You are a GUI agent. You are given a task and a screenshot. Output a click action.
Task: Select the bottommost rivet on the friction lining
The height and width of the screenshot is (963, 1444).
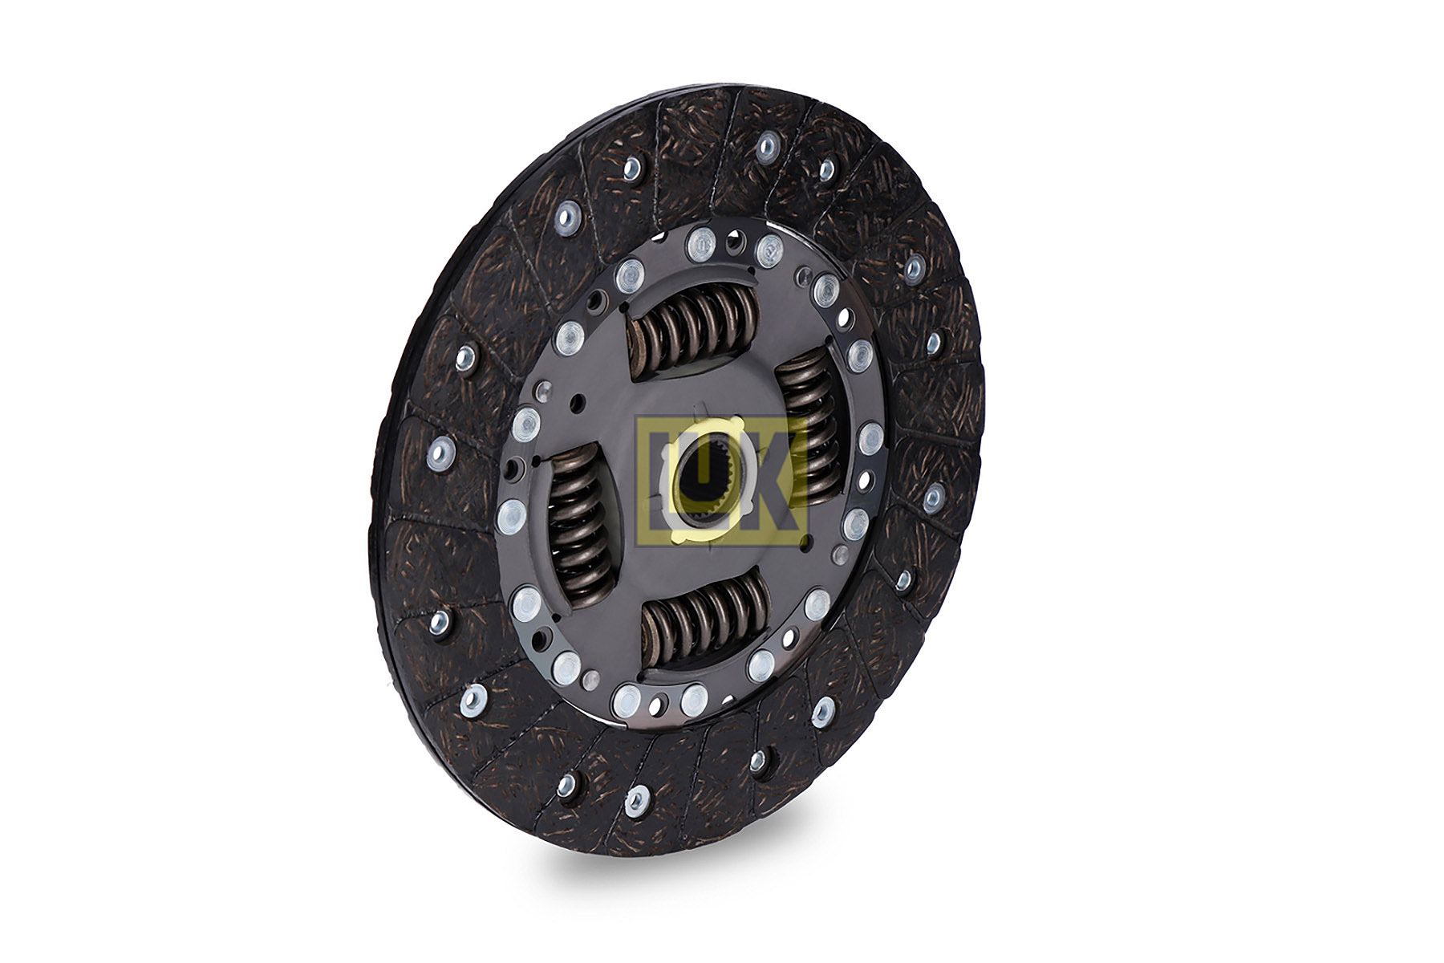point(636,799)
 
